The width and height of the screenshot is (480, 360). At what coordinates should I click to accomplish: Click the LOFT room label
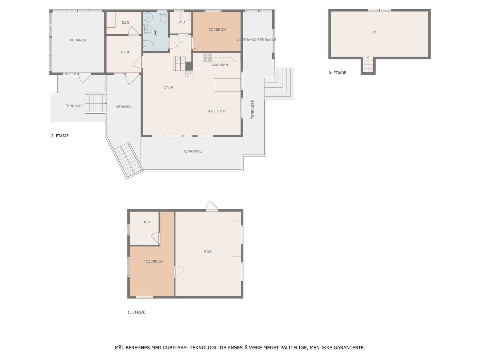coord(377,32)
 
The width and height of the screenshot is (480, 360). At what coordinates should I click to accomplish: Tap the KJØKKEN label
coord(220,65)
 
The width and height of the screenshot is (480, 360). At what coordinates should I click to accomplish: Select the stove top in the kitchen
coord(207,57)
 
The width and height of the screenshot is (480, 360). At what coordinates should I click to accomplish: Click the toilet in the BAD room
coord(163,18)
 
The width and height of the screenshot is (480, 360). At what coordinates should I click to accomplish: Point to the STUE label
coord(168,88)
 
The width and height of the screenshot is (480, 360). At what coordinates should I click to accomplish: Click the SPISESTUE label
coord(216,111)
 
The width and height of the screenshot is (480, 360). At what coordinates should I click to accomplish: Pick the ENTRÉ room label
coord(124,52)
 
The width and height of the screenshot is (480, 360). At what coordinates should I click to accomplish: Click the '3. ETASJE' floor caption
coord(337,73)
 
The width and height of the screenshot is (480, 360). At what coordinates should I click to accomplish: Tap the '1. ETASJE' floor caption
coord(136,312)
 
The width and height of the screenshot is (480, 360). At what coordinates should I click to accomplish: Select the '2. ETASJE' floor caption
coord(60,136)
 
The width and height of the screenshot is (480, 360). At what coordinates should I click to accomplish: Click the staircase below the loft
coord(368,64)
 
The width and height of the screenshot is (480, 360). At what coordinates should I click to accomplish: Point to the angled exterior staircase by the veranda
coord(128,160)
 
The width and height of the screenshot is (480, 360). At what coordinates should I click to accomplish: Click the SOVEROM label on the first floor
coord(154,262)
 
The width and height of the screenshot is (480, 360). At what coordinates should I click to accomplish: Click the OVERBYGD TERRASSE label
coord(256,40)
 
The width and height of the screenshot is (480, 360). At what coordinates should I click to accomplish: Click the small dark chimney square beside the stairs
coord(189,66)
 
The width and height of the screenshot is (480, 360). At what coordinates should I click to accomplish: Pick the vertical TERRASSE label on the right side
coord(253,109)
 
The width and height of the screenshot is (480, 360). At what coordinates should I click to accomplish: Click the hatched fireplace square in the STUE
coord(189,74)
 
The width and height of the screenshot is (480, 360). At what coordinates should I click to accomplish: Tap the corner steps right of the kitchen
coord(279,83)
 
